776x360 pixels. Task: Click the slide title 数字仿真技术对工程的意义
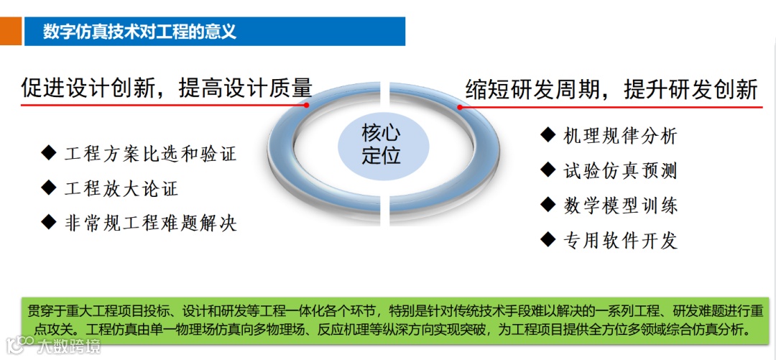139,32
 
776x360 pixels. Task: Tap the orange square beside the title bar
10,32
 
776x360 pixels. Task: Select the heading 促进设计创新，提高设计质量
167,88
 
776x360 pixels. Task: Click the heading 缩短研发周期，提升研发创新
611,90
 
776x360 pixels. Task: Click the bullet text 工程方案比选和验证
150,154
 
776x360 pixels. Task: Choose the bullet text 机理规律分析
620,136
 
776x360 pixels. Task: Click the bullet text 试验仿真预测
620,171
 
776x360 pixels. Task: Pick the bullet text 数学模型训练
620,206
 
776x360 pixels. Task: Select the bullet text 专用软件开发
620,241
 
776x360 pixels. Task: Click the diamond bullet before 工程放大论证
49,188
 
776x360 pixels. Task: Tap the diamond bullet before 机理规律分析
548,134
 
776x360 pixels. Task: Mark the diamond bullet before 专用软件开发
548,239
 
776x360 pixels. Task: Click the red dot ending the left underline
307,105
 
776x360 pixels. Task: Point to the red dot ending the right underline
461,108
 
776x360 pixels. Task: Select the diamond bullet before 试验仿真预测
548,170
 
